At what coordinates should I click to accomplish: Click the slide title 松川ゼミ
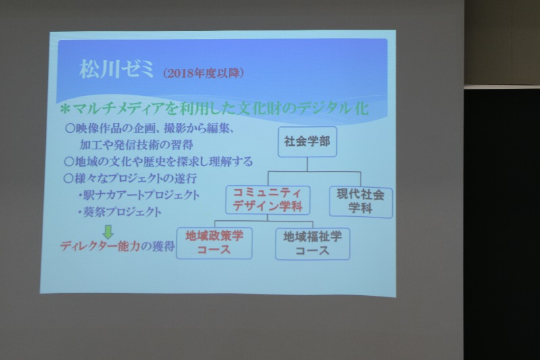tap(116, 70)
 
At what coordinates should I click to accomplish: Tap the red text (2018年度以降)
tap(204, 73)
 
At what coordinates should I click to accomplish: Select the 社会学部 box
tap(307, 142)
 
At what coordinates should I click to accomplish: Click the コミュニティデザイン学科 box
tap(267, 200)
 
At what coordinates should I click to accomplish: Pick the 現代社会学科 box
tap(360, 201)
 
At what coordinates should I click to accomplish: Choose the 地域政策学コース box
tap(214, 243)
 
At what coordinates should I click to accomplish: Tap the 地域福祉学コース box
tap(313, 244)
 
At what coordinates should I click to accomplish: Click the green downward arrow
tap(108, 232)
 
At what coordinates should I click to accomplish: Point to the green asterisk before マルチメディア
tap(65, 109)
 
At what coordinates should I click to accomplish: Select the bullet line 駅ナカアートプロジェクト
tap(139, 195)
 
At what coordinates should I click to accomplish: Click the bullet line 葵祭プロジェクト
tap(119, 212)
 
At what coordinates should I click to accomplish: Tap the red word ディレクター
tap(88, 247)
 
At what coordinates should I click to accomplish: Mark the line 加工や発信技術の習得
tap(136, 145)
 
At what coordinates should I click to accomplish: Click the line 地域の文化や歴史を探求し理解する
tap(159, 161)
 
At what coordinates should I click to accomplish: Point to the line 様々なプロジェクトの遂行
tap(130, 178)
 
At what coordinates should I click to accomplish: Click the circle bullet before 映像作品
tap(70, 128)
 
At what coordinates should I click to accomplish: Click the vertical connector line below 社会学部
tap(307, 164)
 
